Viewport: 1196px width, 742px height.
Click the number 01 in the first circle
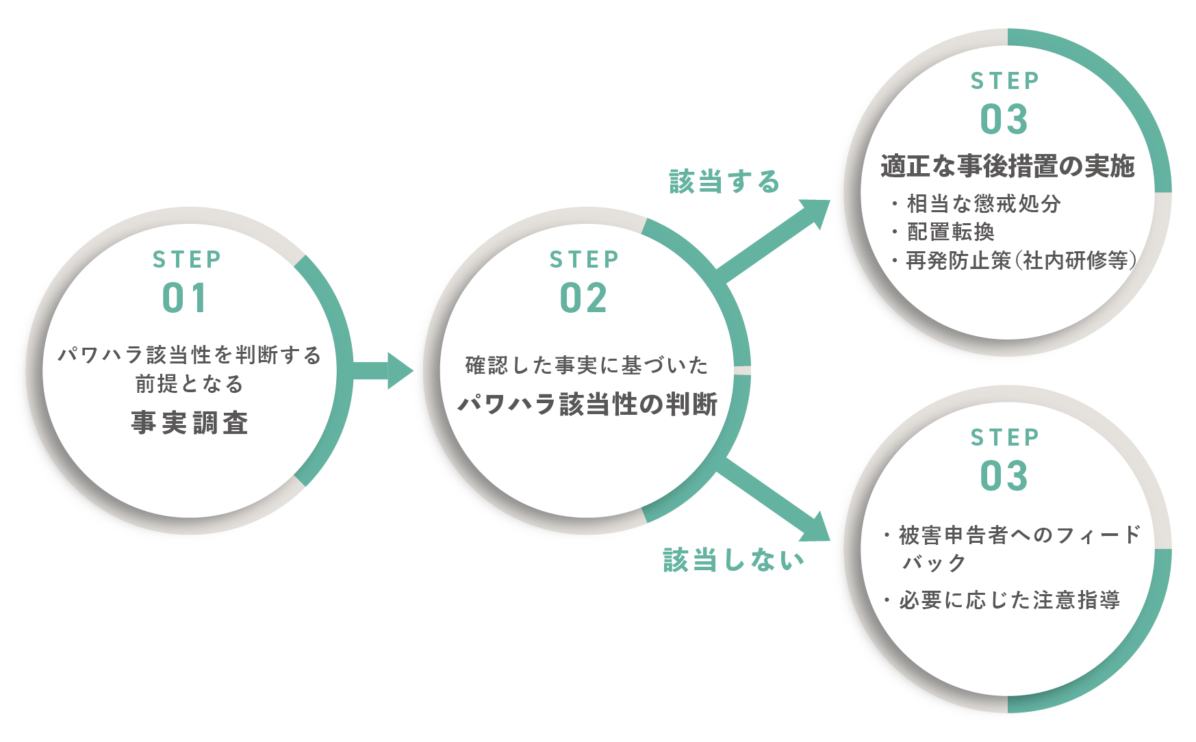tap(184, 298)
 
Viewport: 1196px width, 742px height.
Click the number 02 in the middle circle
tap(583, 298)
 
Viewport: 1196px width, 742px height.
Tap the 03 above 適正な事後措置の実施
tap(1004, 120)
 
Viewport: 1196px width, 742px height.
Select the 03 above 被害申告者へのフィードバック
tap(1004, 476)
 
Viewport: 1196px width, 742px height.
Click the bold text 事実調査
tap(190, 423)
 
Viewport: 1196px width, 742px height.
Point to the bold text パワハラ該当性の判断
tap(587, 404)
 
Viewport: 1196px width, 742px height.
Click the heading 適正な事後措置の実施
tap(1007, 166)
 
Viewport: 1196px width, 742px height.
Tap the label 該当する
tap(724, 182)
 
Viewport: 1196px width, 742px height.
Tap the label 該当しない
tap(733, 560)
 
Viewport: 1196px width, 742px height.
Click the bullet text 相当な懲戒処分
tap(983, 203)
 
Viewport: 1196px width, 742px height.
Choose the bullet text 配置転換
tap(950, 232)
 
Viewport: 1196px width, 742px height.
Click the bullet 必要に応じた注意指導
tap(1009, 600)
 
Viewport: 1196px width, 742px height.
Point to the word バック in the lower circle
tap(934, 563)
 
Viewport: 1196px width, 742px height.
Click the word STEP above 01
tap(187, 259)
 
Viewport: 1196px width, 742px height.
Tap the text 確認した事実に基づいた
tap(587, 366)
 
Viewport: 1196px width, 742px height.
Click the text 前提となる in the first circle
tap(190, 384)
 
